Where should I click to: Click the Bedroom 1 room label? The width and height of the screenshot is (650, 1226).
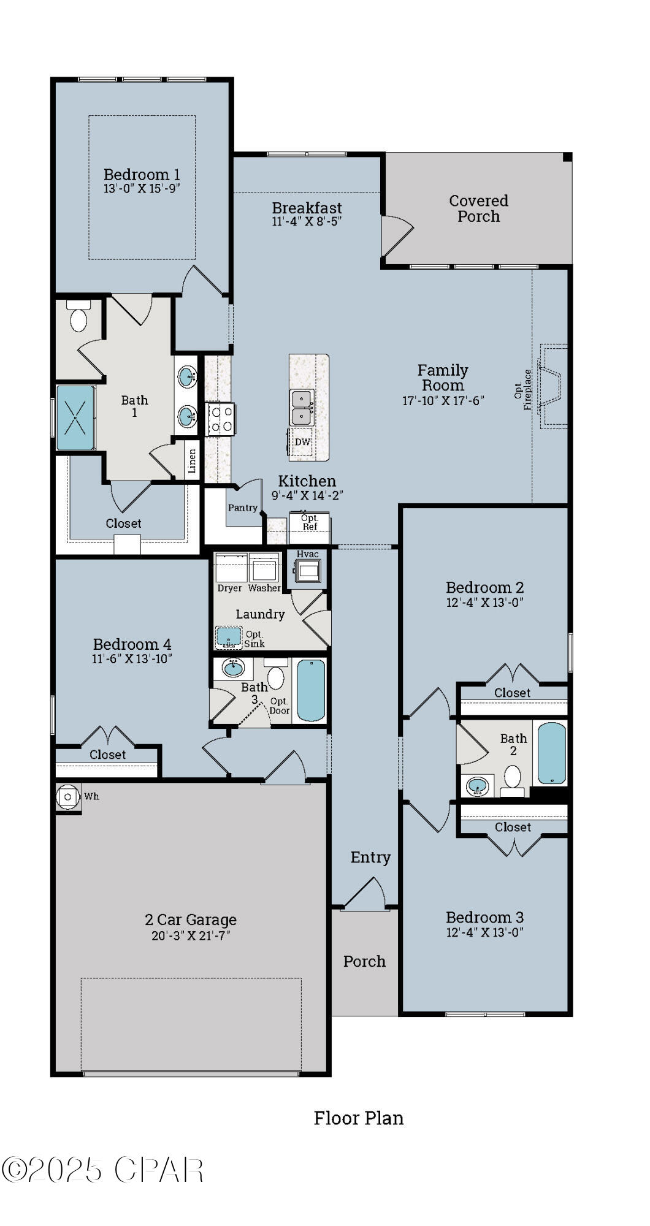pos(142,175)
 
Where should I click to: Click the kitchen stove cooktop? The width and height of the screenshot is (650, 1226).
pos(221,419)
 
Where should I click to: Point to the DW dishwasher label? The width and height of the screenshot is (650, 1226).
pos(302,442)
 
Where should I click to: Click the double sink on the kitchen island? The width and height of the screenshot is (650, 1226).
pos(302,408)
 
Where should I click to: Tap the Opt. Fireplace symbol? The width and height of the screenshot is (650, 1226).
pos(552,386)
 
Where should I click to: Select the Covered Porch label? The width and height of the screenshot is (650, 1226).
pos(478,208)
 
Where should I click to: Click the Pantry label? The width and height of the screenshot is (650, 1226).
pos(243,508)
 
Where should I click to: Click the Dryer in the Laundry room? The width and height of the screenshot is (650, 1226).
pos(230,569)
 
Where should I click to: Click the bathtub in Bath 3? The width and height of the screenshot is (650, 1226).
pos(311,690)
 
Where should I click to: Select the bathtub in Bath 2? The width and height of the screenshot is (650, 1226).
pos(551,753)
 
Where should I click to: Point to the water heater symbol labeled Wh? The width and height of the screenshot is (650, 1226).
pos(68,797)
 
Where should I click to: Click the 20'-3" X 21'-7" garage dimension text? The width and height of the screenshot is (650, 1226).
pos(190,935)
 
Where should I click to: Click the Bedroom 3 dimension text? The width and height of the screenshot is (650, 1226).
pos(484,932)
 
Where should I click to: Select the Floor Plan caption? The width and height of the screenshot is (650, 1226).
pos(359,1119)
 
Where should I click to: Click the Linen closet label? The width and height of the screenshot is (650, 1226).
pos(192,461)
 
